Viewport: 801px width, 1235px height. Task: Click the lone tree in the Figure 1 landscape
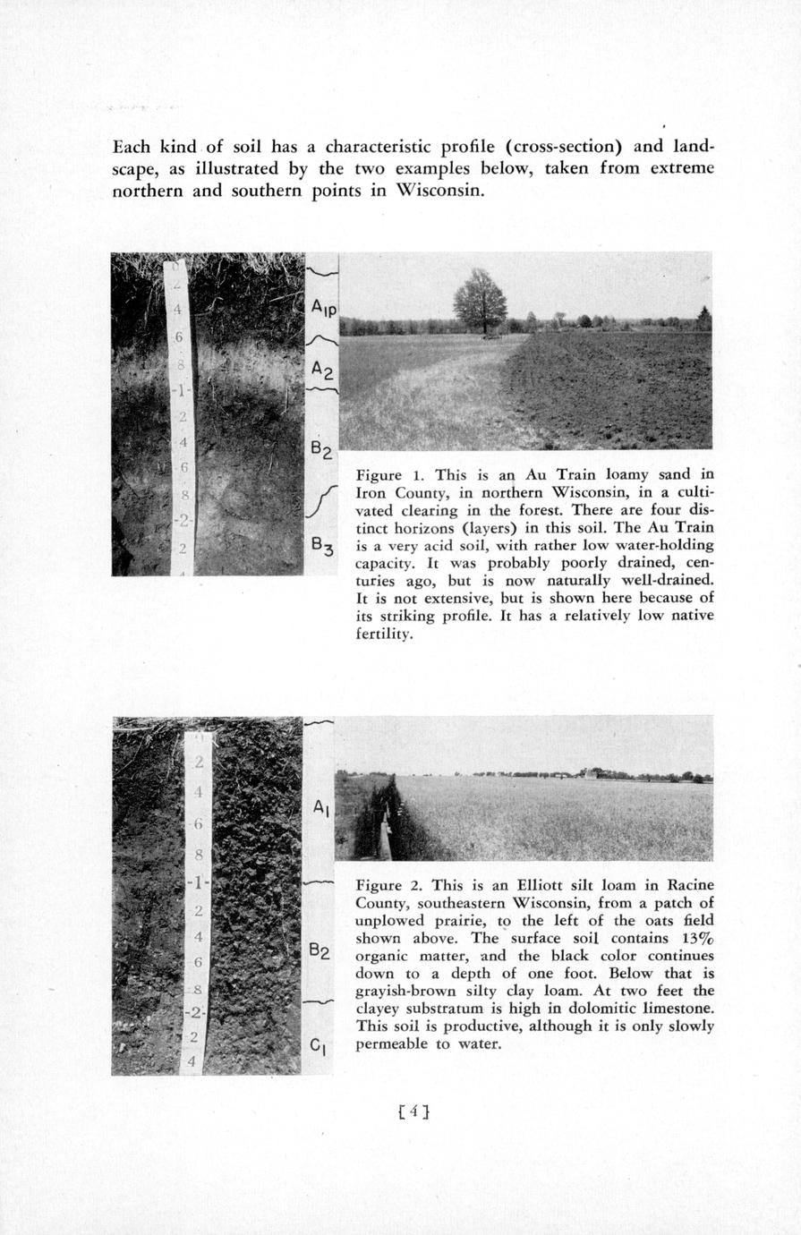[480, 301]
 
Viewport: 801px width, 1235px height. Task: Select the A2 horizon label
[322, 369]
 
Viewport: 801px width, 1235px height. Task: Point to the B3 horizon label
[322, 543]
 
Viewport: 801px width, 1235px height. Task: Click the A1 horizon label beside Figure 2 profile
[322, 808]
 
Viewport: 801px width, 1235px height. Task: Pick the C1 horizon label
[321, 1043]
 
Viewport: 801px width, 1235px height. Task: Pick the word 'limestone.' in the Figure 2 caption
[673, 1009]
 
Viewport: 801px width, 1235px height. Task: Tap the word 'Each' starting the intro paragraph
[132, 146]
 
